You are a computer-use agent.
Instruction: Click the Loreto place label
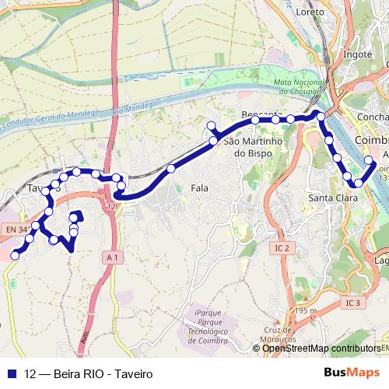(310, 12)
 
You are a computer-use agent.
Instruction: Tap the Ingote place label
(357, 54)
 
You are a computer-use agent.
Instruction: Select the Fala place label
(199, 187)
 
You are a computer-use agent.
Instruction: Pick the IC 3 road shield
(353, 302)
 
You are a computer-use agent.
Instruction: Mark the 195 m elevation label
(307, 311)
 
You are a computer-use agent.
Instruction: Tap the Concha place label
(372, 117)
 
